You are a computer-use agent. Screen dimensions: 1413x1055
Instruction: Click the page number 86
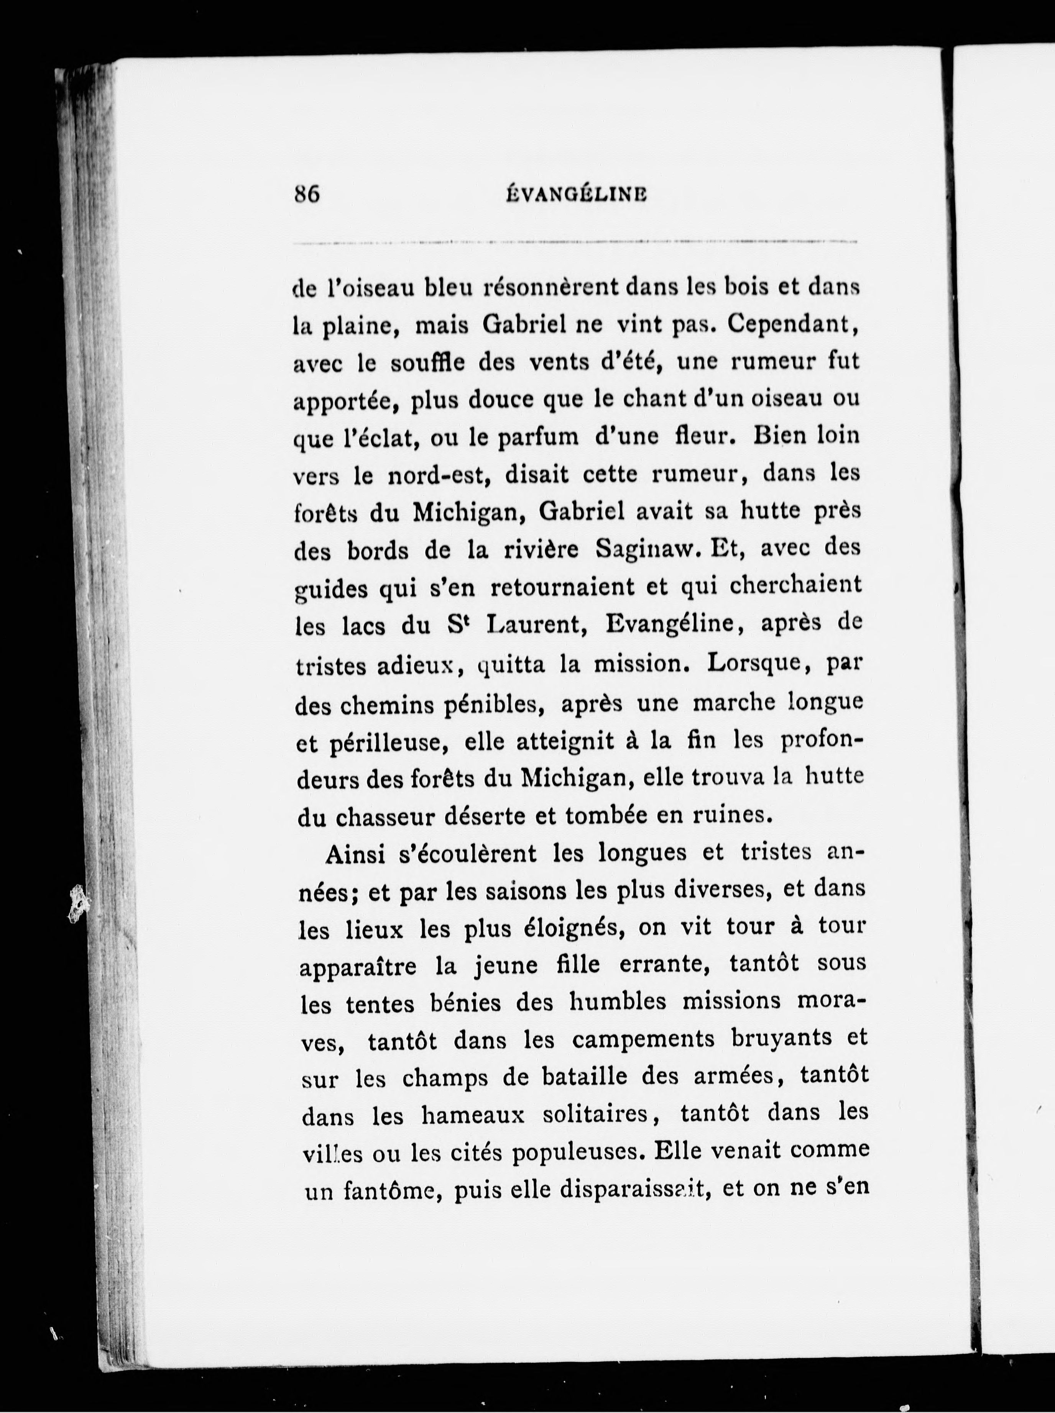coord(307,194)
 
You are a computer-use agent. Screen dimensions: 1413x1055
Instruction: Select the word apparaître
coord(358,967)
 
